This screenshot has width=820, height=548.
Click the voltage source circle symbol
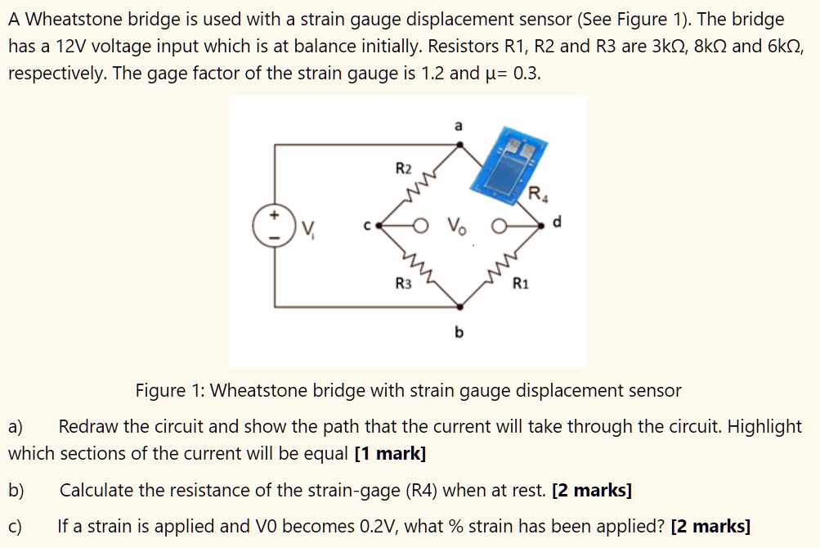click(275, 224)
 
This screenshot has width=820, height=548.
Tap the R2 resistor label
click(404, 169)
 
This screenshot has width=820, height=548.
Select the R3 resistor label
click(404, 284)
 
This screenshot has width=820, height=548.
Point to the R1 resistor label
click(521, 284)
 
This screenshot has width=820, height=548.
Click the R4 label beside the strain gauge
click(536, 195)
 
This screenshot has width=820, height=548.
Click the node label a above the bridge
click(458, 125)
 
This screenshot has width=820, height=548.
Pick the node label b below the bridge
click(459, 332)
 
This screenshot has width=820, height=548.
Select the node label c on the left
click(367, 222)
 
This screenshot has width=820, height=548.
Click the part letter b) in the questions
click(16, 491)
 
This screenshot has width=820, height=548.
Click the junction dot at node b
click(460, 308)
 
